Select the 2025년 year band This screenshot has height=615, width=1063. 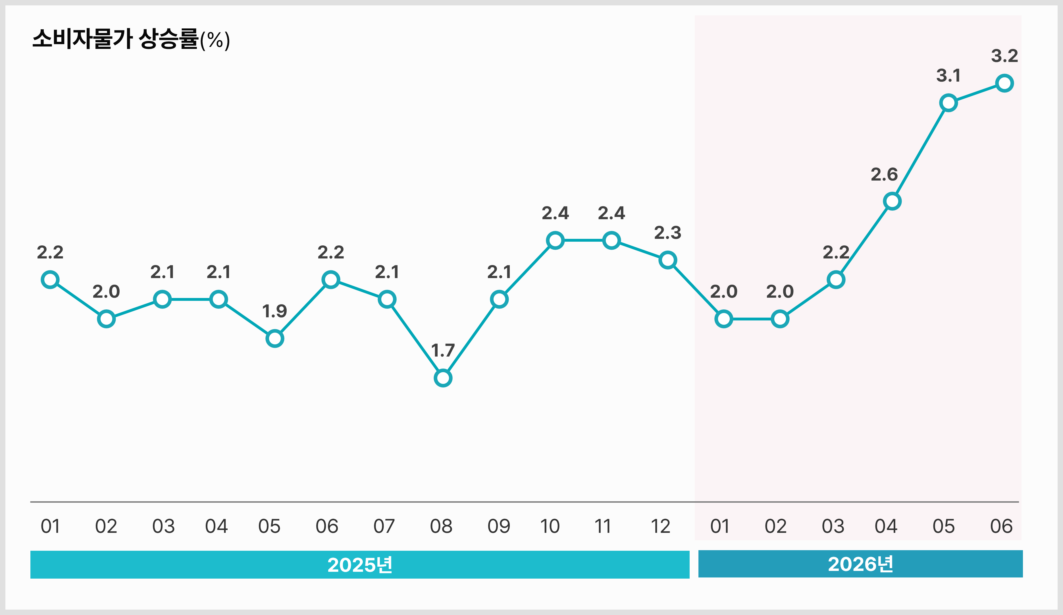[360, 564]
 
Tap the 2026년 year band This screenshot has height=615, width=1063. [860, 564]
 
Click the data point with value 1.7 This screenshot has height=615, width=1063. [443, 378]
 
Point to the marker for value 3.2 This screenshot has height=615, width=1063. [1004, 83]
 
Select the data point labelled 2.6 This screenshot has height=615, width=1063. [892, 201]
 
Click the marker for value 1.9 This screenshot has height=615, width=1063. [274, 339]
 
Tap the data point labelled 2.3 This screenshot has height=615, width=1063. [668, 260]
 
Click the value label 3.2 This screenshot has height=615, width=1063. [1004, 56]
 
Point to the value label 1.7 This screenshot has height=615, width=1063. [443, 350]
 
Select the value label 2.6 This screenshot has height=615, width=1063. [884, 174]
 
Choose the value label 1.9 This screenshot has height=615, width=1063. [274, 311]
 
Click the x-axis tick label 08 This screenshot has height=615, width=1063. [441, 526]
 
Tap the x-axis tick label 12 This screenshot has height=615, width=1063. [661, 526]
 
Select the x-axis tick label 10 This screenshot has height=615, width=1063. [550, 526]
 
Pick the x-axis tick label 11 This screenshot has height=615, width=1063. [603, 526]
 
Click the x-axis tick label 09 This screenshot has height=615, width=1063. [499, 526]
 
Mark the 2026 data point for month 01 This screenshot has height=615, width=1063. [724, 319]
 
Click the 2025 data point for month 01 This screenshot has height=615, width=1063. [50, 279]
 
